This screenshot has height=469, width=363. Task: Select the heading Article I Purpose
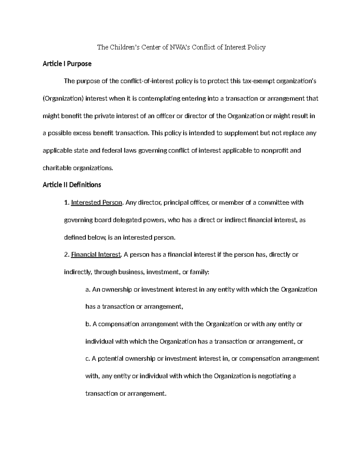67,64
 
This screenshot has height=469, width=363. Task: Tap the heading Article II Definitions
72,185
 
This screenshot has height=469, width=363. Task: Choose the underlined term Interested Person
96,203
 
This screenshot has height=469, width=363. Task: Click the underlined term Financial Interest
96,255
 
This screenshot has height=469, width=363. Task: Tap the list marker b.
88,324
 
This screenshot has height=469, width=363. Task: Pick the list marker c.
88,359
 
